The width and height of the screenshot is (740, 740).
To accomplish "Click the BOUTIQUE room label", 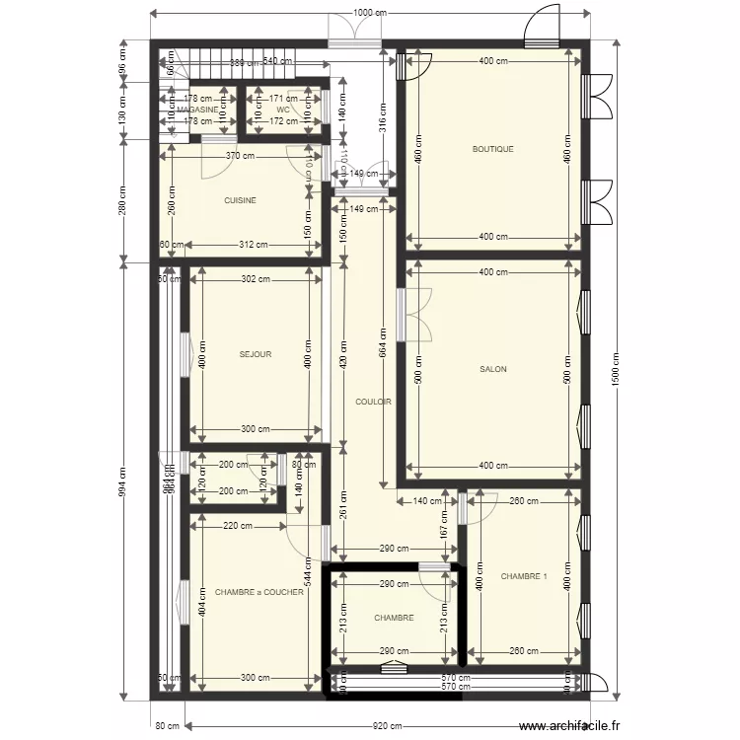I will (x=492, y=150).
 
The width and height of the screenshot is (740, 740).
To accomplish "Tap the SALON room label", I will (x=492, y=370).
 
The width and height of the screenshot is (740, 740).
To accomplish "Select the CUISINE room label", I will (x=240, y=200).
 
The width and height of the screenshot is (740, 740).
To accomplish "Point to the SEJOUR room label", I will (x=255, y=354).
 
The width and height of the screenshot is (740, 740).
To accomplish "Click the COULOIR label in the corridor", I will (x=373, y=402).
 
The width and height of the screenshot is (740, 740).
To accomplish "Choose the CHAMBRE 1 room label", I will (x=523, y=576).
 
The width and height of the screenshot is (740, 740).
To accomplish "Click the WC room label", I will (x=282, y=109).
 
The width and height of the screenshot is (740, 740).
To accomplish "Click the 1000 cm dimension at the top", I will (x=370, y=13).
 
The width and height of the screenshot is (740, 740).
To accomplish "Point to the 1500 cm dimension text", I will (x=616, y=370).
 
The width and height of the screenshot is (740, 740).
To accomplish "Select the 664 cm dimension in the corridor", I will (x=382, y=349).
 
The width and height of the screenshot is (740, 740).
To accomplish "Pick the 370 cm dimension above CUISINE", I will (x=240, y=155).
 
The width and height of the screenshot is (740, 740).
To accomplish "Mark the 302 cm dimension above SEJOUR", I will (x=255, y=279).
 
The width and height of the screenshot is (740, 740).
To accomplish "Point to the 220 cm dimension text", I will (x=238, y=526).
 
